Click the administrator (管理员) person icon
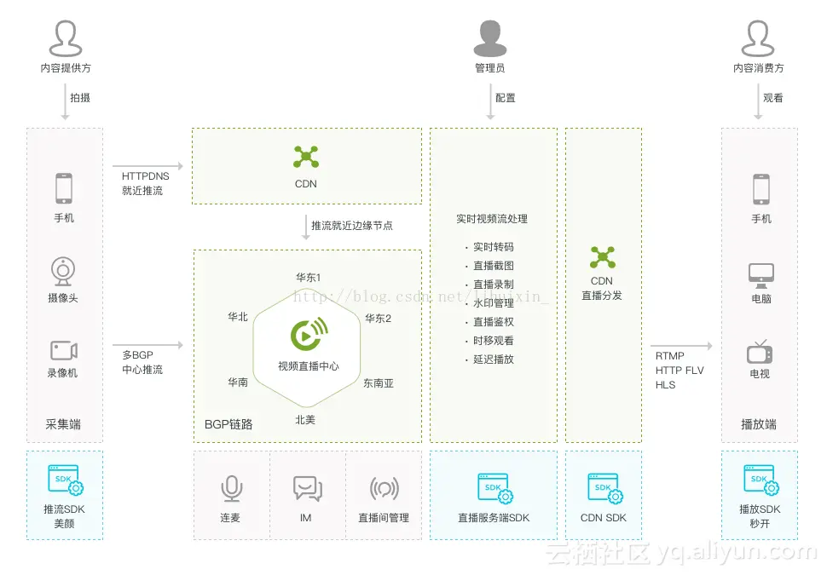490,38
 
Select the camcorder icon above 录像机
63,350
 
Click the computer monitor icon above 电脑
760,274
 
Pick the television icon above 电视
760,352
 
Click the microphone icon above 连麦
231,488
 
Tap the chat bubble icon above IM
306,488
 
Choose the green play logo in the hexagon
309,335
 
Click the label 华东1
309,278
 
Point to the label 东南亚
379,383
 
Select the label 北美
305,419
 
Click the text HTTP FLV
680,371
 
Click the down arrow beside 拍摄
65,101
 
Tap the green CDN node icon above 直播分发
602,256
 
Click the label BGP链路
228,424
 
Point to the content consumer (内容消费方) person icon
759,38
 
